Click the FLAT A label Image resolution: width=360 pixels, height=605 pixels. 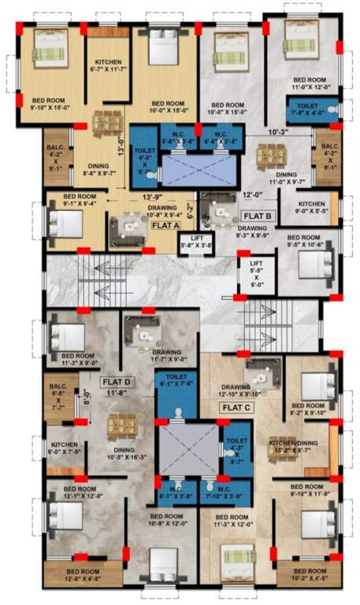click(x=166, y=225)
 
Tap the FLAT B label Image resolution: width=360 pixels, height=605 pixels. click(x=258, y=215)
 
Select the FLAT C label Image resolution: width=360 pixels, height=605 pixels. click(x=237, y=407)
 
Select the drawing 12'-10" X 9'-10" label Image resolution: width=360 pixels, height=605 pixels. click(x=236, y=391)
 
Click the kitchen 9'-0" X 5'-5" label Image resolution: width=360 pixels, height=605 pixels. click(x=312, y=207)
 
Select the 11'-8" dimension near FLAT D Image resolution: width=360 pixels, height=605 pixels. click(x=117, y=392)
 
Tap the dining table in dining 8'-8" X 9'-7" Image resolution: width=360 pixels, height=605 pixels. click(x=104, y=123)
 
